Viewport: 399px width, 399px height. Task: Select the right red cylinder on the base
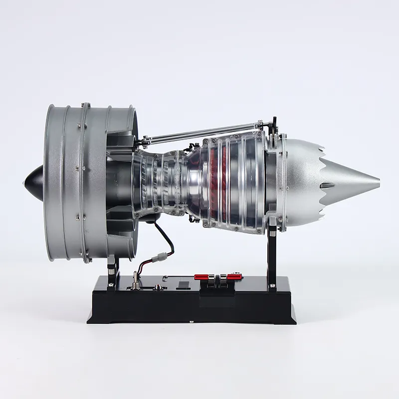coord(233,276)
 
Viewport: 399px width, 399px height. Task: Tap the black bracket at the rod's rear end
coord(273,125)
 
